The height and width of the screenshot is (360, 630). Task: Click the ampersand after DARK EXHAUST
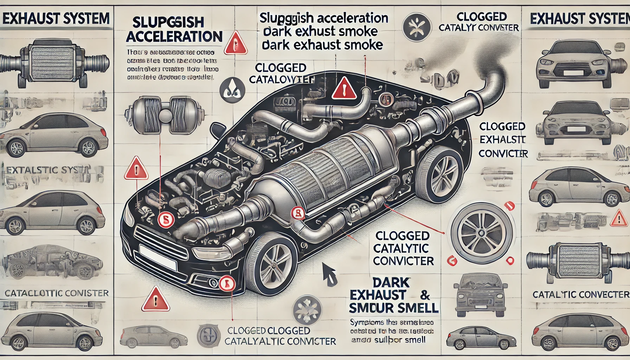[425, 295]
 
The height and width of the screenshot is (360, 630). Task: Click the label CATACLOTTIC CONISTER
[57, 293]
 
